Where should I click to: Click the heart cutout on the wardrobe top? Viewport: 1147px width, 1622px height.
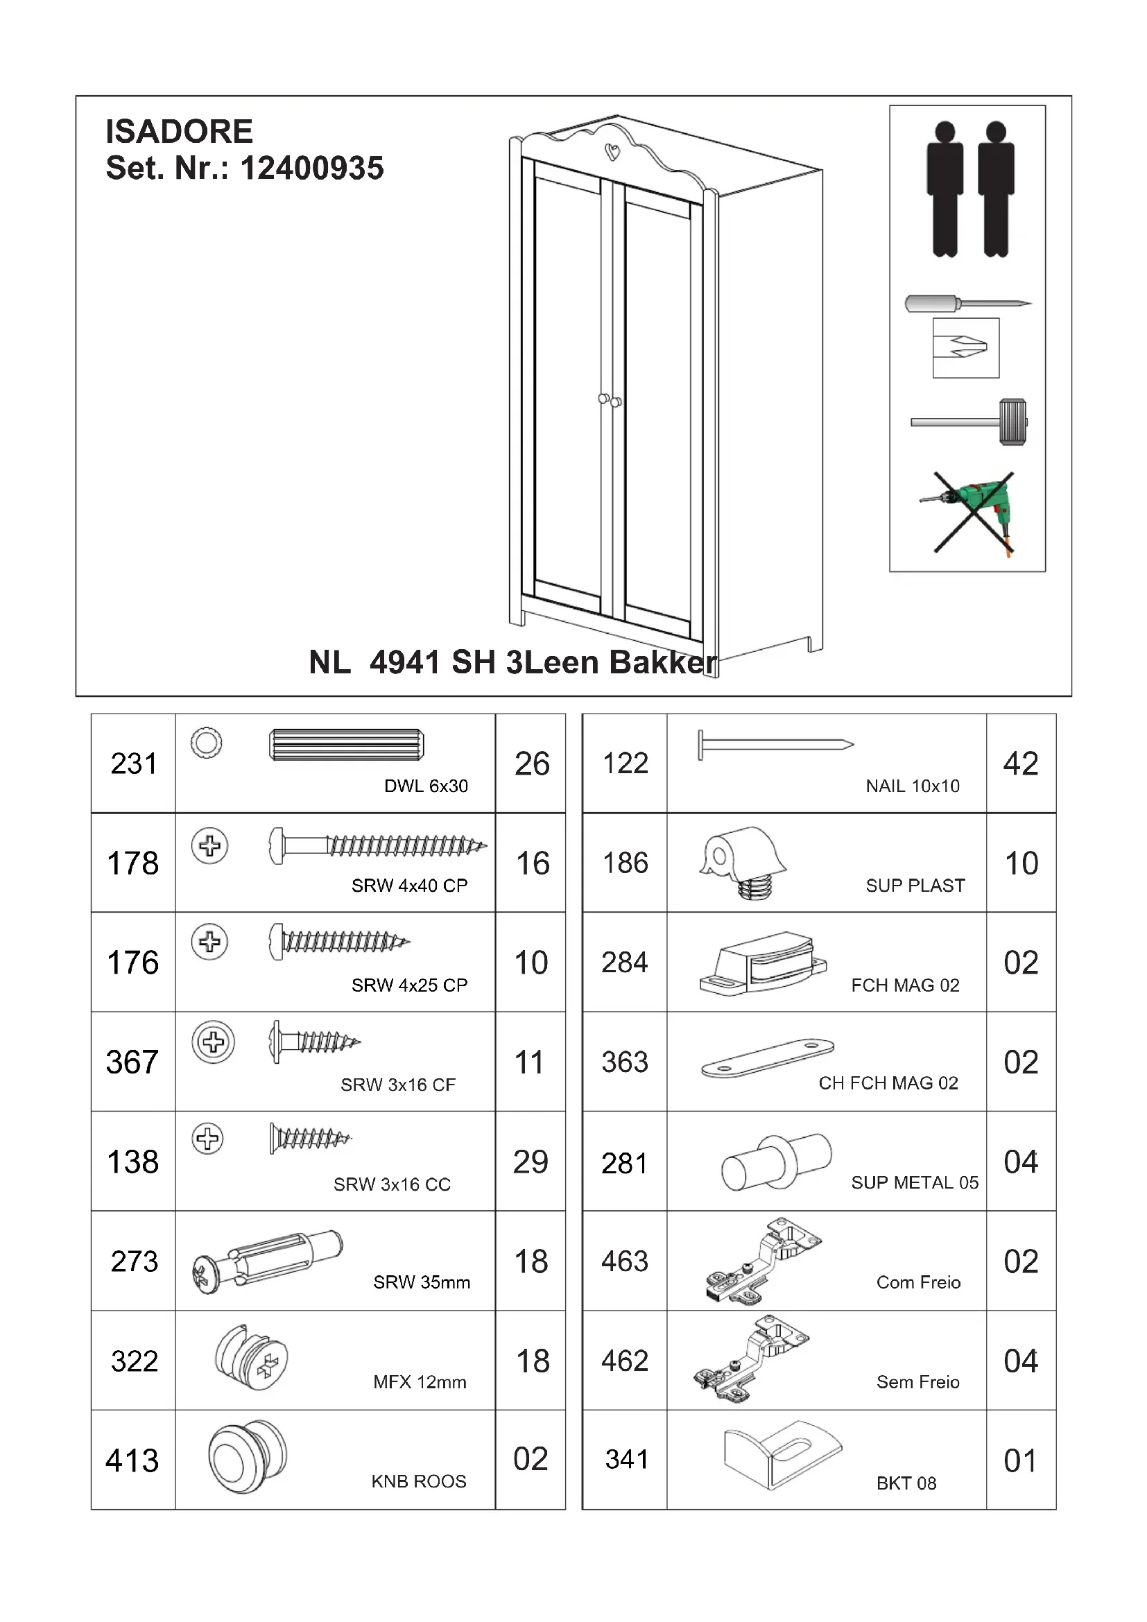613,151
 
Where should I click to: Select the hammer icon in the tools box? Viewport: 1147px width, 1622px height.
969,422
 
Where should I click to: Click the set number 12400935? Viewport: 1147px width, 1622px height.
311,168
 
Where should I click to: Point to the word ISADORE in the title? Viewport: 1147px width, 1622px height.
180,131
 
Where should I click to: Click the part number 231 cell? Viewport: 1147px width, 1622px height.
133,763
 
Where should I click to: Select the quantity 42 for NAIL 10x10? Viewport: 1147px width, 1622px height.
1021,763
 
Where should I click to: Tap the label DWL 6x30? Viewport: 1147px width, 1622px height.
426,786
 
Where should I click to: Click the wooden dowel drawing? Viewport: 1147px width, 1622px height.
346,745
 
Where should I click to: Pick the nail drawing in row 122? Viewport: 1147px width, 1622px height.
775,745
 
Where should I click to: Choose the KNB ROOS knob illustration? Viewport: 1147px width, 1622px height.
247,1458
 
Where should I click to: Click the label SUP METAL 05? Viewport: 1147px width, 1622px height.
915,1182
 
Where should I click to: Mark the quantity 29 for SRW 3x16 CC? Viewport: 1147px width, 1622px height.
531,1162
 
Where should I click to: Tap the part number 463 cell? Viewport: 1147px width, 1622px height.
624,1261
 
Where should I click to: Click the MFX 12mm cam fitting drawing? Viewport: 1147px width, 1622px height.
252,1358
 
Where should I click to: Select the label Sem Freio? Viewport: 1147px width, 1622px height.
917,1382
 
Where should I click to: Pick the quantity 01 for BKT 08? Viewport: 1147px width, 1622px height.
1021,1460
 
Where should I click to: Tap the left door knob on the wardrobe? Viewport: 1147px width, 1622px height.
603,399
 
